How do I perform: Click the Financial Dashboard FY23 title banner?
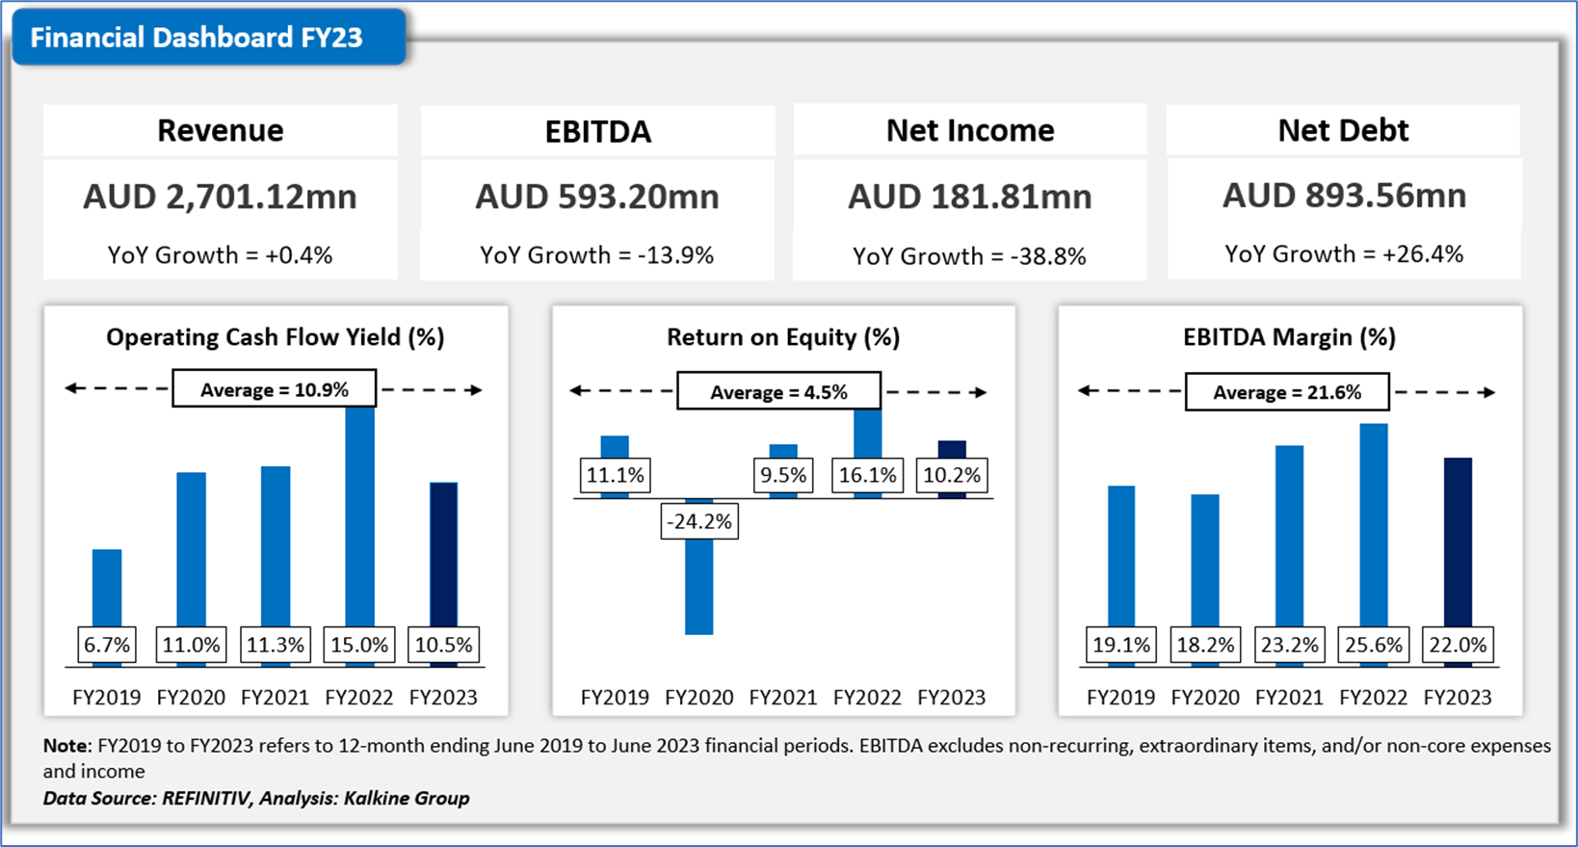(197, 38)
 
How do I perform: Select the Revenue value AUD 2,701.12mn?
(220, 197)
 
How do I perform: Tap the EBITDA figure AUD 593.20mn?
(596, 197)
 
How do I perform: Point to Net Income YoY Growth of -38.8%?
(969, 256)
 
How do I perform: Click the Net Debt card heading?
(1343, 130)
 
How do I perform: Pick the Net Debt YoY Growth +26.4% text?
(1343, 254)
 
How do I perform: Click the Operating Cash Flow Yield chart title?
(275, 337)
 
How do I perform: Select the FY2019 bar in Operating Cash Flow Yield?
(107, 588)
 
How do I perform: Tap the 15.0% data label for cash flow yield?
(359, 645)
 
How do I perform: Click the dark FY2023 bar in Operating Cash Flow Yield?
(443, 554)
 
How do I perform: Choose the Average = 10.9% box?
(274, 389)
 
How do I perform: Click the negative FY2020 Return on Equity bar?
(699, 588)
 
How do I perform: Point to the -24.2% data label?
(699, 521)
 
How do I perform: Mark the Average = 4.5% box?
(778, 392)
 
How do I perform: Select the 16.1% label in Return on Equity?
(868, 475)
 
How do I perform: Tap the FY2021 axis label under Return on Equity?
(783, 697)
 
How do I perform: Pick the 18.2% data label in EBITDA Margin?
(1205, 645)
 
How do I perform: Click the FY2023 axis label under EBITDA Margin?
(1458, 697)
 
